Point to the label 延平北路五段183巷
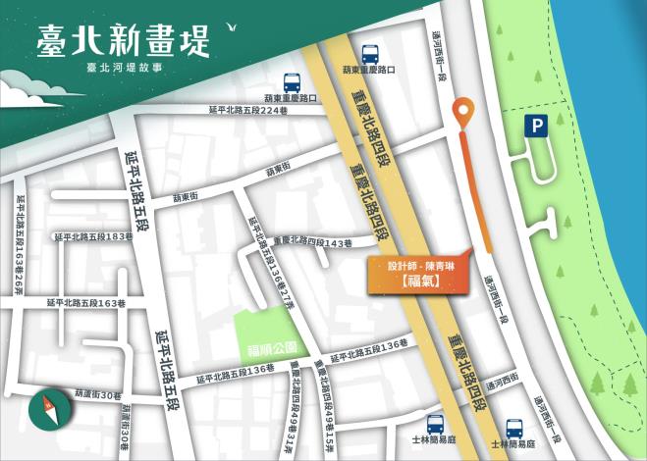click(x=93, y=237)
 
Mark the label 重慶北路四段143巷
click(x=312, y=242)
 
